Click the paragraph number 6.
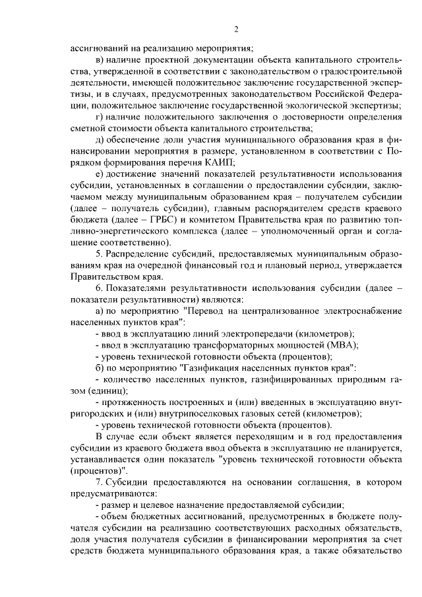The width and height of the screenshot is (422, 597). tap(99, 288)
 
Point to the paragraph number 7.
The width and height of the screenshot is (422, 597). tap(99, 484)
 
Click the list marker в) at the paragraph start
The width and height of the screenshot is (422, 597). tap(100, 59)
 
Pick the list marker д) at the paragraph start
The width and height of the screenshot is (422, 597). tap(100, 139)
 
